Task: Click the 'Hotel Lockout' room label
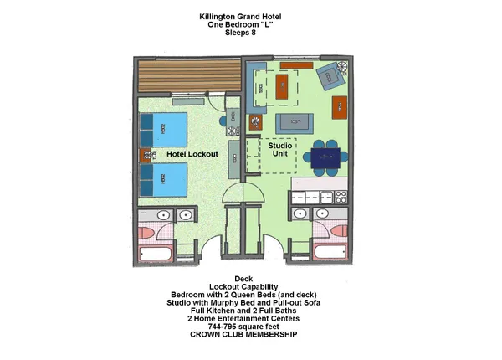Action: tap(192, 154)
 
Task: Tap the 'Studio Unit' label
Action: tap(279, 152)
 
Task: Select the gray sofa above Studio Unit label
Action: tap(294, 122)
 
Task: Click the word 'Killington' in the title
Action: tap(220, 16)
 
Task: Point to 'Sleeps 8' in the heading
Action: tap(250, 33)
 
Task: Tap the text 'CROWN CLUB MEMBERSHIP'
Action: tap(251, 335)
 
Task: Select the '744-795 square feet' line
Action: tap(251, 327)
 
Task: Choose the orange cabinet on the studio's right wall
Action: tap(339, 106)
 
